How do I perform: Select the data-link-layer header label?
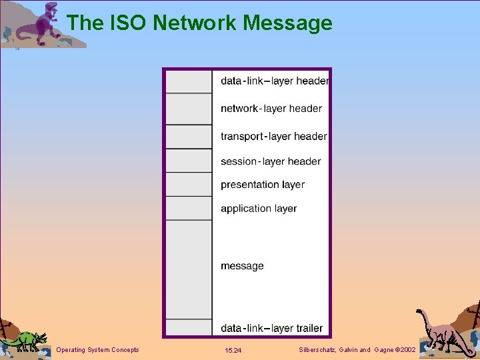pos(275,81)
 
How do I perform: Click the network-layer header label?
pos(271,109)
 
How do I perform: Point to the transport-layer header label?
pos(274,137)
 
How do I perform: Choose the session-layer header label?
pos(271,161)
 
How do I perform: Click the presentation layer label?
pos(263,185)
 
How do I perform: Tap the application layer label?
pos(259,209)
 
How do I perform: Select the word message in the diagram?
pos(242,266)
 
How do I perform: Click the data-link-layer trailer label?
pos(272,328)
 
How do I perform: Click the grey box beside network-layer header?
pos(189,109)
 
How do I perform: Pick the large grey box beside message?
pos(189,269)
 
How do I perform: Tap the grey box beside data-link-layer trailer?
pos(189,327)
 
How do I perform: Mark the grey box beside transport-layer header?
pos(189,137)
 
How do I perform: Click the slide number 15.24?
pos(233,350)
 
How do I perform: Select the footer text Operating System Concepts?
pos(98,350)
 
